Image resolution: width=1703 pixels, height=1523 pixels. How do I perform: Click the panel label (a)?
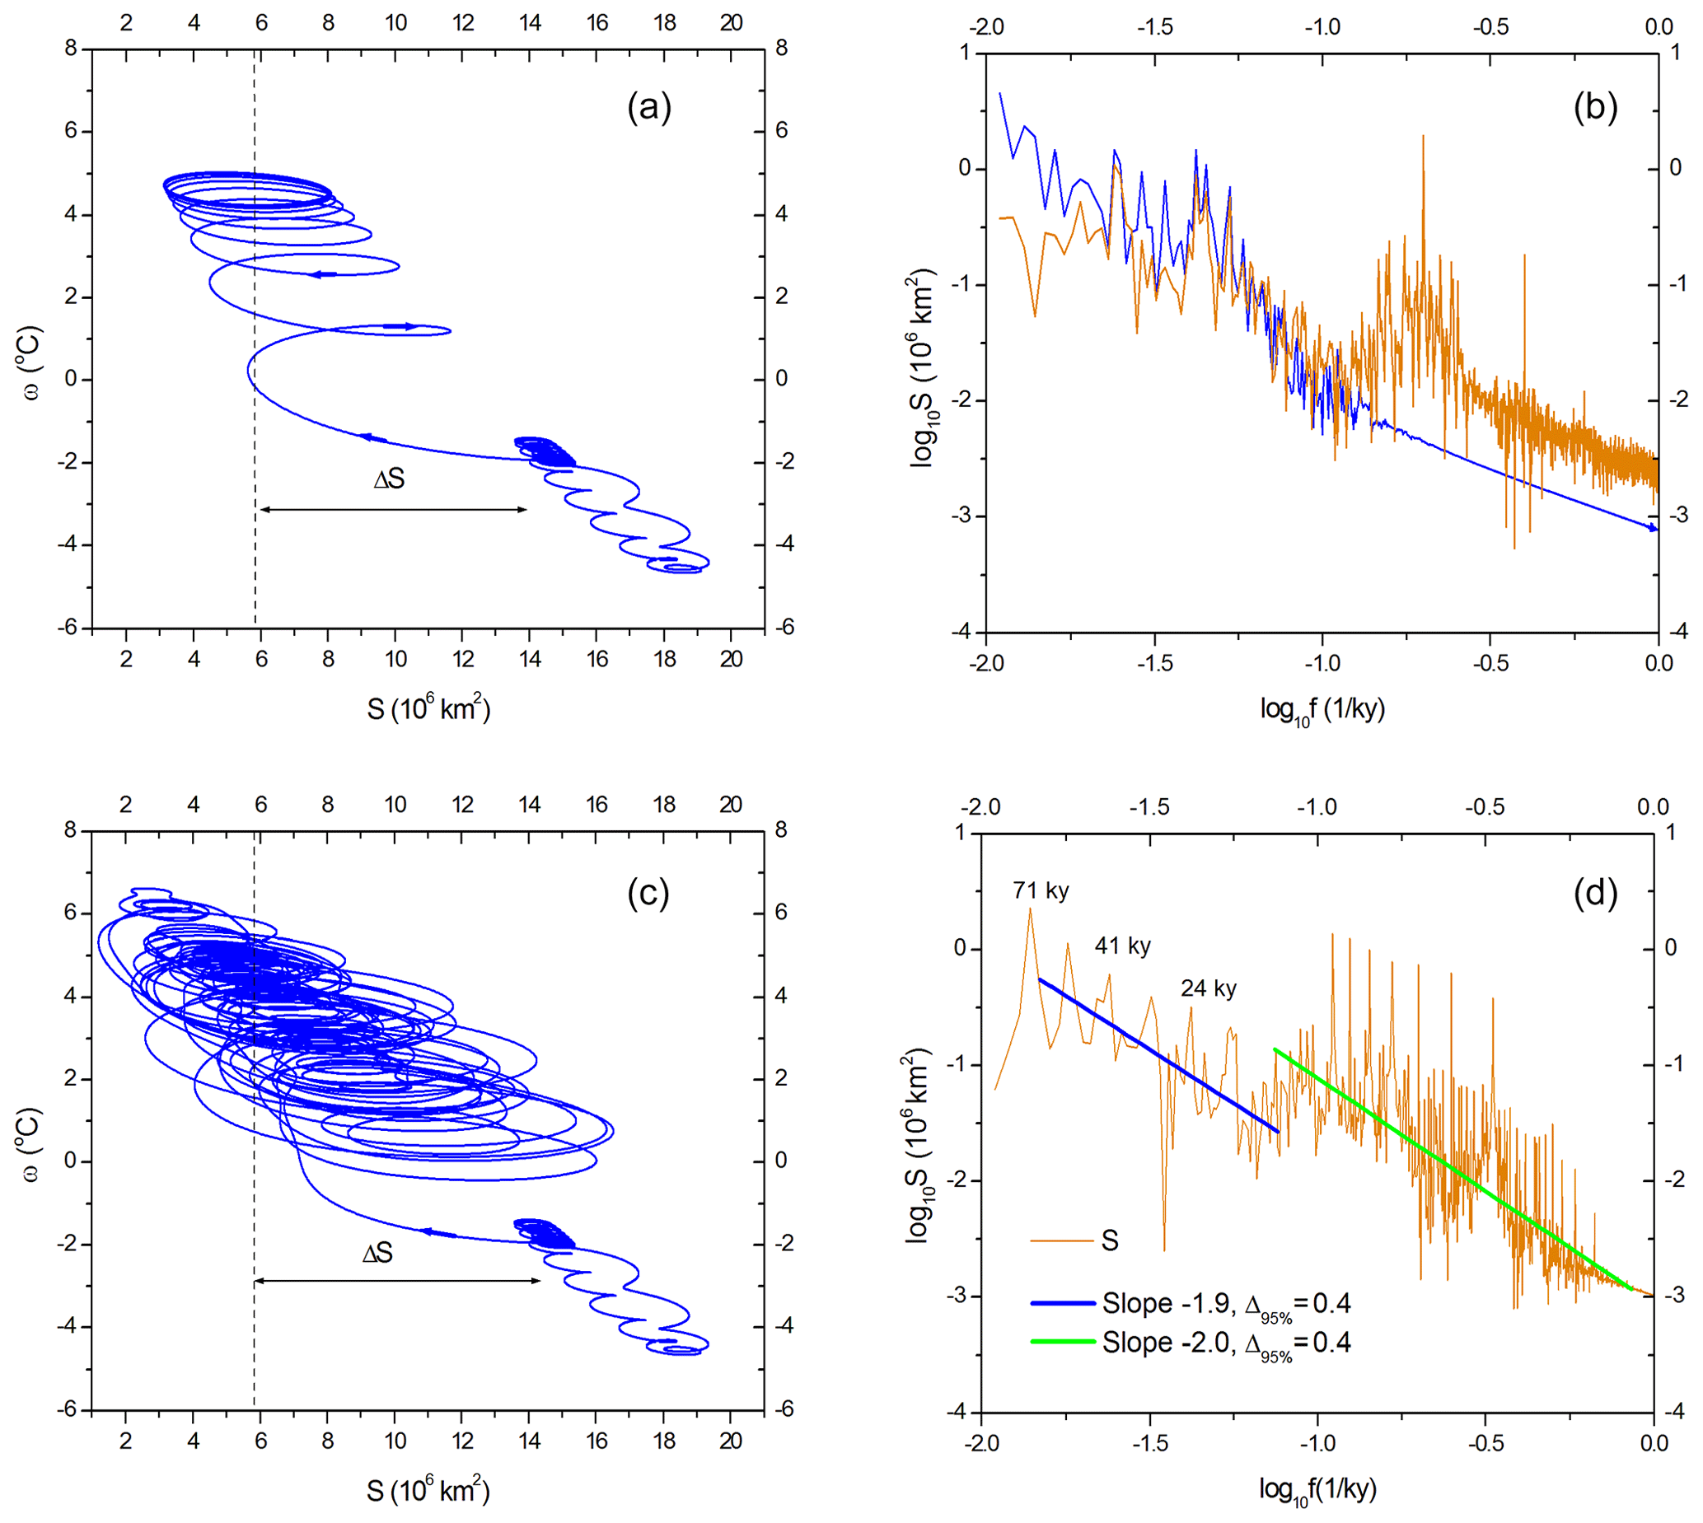pos(648,108)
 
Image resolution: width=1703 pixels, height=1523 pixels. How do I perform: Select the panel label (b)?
pos(1594,108)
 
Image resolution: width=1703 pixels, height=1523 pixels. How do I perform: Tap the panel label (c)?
pos(648,894)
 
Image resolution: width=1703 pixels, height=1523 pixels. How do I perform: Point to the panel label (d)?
pos(1594,894)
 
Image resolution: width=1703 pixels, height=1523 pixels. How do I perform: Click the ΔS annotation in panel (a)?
pos(389,479)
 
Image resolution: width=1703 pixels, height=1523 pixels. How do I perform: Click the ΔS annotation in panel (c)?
pos(377,1254)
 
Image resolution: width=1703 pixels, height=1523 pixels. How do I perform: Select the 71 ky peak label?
pos(1041,890)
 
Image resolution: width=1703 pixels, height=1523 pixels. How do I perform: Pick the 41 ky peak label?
pos(1122,946)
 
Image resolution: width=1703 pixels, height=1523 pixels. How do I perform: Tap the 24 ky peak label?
pos(1209,988)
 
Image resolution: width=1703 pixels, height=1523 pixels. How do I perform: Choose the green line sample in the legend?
pos(1062,1343)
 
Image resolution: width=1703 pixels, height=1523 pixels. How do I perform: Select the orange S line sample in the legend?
pos(1062,1241)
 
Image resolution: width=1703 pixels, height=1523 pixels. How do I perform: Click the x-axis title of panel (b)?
pos(1322,711)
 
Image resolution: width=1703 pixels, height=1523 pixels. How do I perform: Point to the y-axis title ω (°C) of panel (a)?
pos(31,362)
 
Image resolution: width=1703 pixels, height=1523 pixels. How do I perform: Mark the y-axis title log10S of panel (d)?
pos(918,1145)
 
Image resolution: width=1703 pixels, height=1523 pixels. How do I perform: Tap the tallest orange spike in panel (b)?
pos(1423,138)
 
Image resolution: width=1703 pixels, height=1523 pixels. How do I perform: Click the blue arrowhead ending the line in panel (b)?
pos(1653,528)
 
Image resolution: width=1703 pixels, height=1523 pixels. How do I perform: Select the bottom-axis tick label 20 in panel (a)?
pos(731,660)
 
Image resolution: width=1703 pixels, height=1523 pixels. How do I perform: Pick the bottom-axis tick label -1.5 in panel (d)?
pos(1149,1442)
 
